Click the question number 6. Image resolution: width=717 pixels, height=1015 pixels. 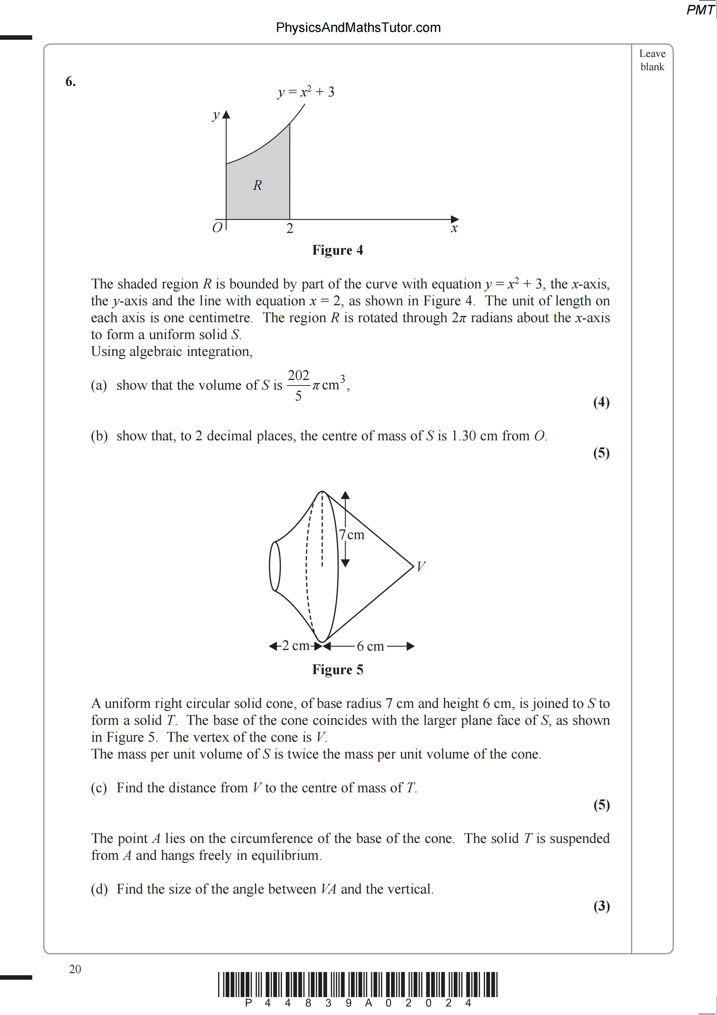tap(70, 82)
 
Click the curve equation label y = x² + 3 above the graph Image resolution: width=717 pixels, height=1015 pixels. tap(305, 92)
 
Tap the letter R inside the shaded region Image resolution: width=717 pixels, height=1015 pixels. tap(258, 185)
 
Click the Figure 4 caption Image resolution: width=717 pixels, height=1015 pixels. tap(338, 250)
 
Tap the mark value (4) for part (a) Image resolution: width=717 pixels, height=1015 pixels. tap(601, 402)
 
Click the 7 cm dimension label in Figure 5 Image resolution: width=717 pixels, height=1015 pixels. tap(352, 535)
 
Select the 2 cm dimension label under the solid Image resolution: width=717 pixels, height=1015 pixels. tap(295, 646)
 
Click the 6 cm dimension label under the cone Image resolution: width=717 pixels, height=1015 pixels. tap(370, 646)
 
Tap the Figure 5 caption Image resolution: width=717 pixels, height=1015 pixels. tap(338, 670)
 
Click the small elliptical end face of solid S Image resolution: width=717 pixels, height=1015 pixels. tap(274, 566)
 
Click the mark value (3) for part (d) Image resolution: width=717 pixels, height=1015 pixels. tap(601, 906)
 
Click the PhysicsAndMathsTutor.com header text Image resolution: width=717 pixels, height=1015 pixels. tap(358, 28)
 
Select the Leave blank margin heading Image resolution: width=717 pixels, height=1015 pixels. tap(652, 60)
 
